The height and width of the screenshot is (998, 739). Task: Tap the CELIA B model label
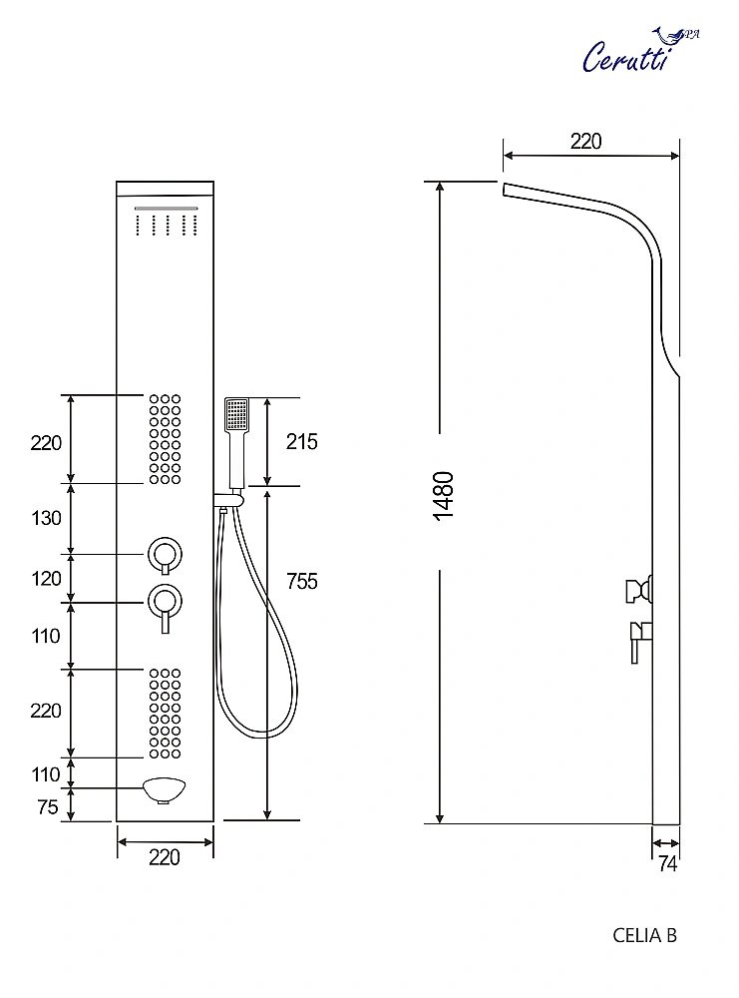[x=644, y=935]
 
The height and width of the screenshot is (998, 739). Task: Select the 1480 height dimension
[x=444, y=494]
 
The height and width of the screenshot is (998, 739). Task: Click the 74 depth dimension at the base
[x=667, y=864]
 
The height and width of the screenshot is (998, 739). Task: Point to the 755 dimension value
[x=300, y=581]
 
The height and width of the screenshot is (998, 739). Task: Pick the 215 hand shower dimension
[x=300, y=441]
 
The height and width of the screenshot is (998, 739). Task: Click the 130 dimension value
[x=46, y=518]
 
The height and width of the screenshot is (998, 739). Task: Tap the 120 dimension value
[x=46, y=579]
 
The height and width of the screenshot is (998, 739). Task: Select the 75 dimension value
[x=47, y=807]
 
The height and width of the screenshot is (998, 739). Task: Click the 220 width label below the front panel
[x=165, y=857]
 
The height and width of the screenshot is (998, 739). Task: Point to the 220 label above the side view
[x=586, y=141]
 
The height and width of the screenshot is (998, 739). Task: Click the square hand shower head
[x=236, y=414]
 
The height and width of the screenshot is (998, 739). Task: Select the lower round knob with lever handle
[x=164, y=601]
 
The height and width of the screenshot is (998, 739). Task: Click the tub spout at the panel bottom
[x=165, y=790]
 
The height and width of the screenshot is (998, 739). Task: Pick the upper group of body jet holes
[x=166, y=439]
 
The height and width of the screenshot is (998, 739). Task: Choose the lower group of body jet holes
[x=166, y=713]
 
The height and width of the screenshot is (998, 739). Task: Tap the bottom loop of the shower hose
[x=254, y=730]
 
